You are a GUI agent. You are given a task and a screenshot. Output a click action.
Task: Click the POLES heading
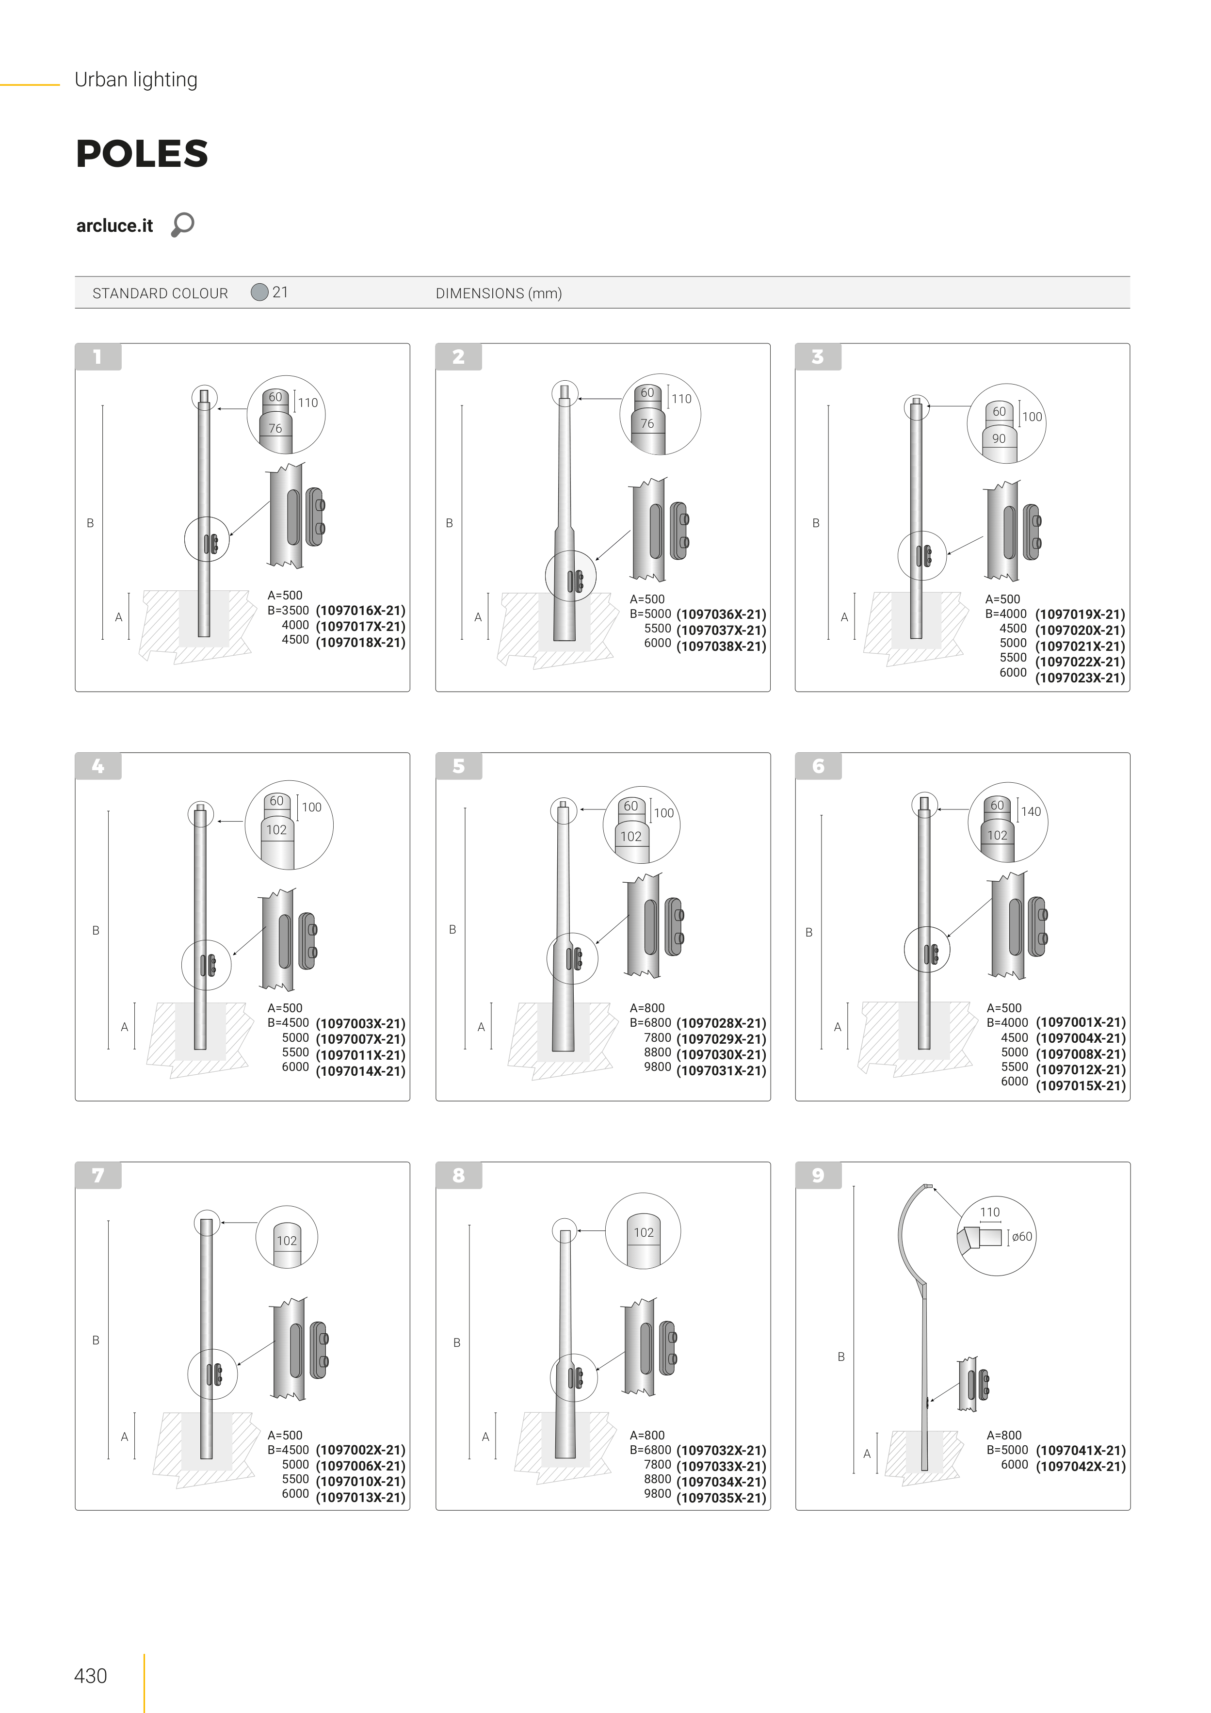[x=142, y=154]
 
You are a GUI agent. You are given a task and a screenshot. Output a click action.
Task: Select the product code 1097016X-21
[x=360, y=610]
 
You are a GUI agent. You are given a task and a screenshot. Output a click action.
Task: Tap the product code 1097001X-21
[x=1081, y=1022]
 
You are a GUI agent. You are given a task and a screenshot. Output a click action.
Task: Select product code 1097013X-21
[x=360, y=1497]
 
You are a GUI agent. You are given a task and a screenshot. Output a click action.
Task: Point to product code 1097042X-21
[x=1081, y=1466]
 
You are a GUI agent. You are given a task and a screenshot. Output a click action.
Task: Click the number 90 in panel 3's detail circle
[x=999, y=439]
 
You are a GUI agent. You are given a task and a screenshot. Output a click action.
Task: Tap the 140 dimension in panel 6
[x=1031, y=812]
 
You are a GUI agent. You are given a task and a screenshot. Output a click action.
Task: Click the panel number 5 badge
[x=458, y=766]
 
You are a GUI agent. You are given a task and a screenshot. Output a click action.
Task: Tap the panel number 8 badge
[x=458, y=1176]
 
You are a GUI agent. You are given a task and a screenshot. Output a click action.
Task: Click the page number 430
[x=90, y=1676]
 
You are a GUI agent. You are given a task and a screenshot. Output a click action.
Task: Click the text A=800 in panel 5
[x=647, y=1008]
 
